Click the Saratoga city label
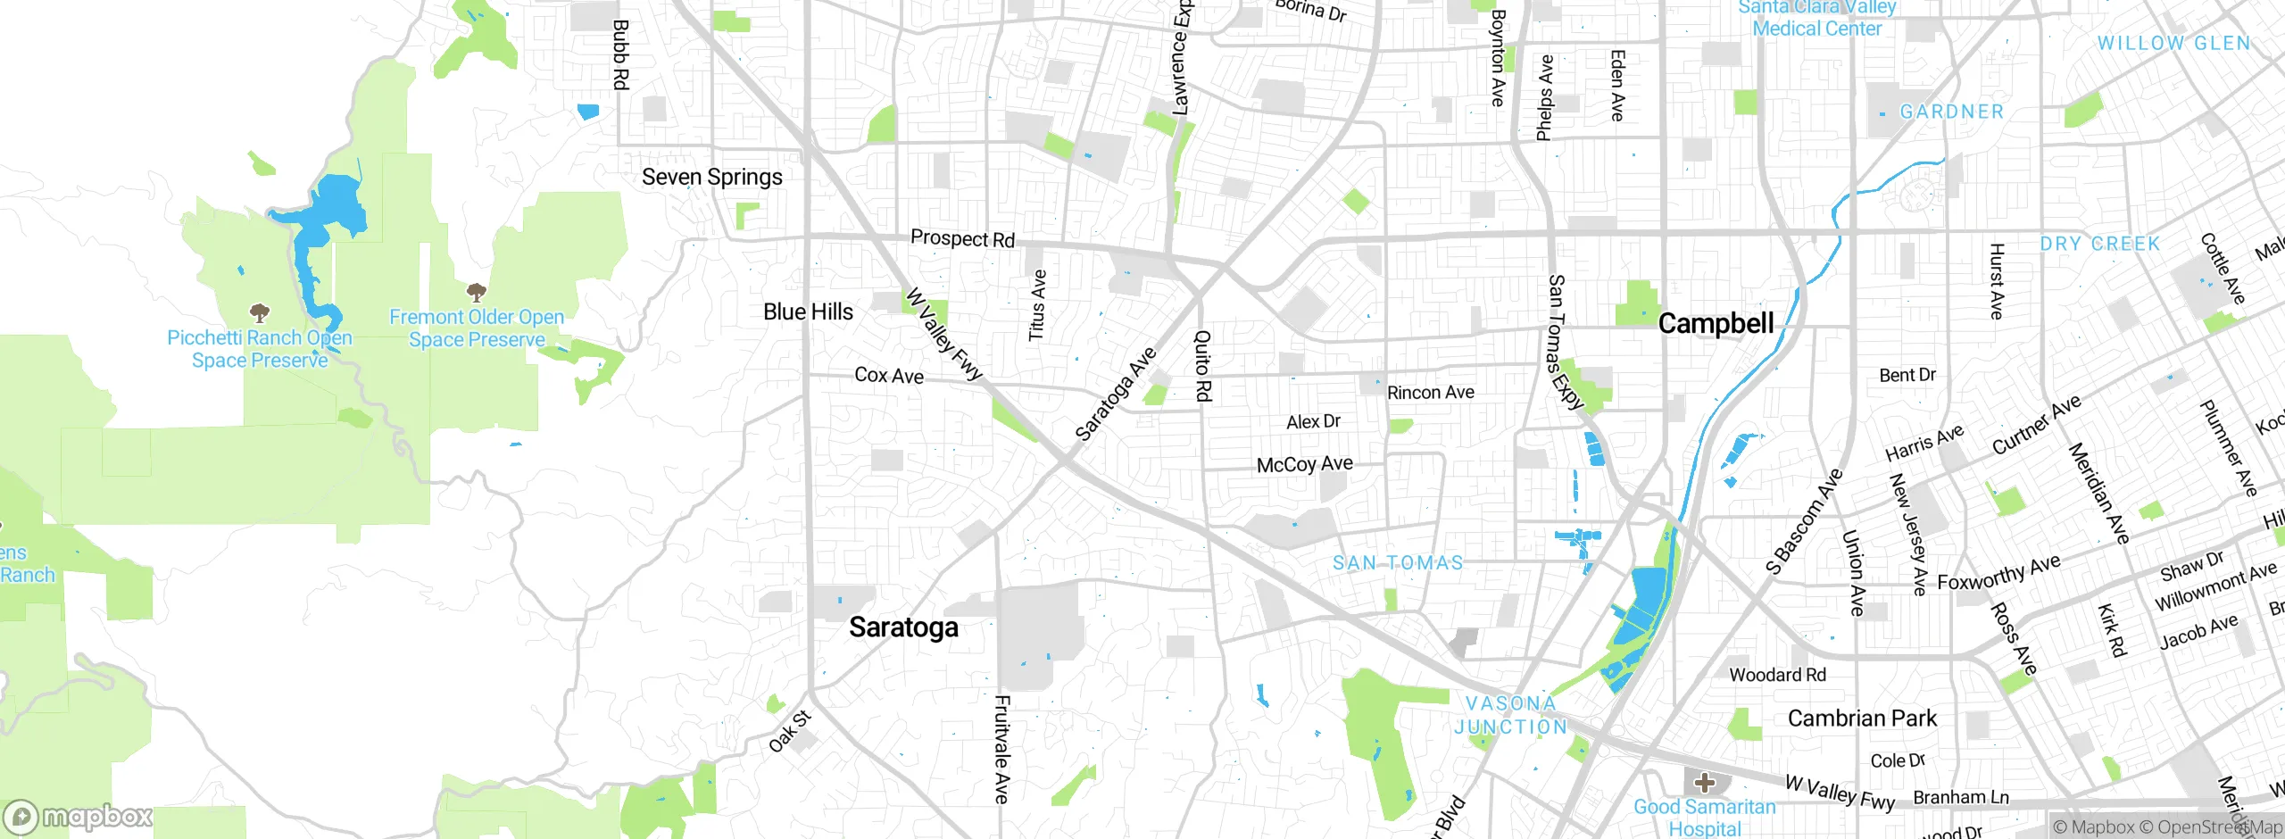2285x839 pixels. point(903,627)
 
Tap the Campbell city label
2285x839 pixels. point(1716,323)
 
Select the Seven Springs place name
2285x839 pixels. point(711,177)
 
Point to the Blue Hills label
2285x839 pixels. point(808,312)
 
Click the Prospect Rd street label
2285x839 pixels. point(962,238)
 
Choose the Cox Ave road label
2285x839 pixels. point(889,376)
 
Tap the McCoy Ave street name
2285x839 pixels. point(1304,464)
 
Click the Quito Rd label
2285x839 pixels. point(1203,365)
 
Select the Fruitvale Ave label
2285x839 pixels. point(1002,749)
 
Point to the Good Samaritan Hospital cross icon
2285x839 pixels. point(1704,783)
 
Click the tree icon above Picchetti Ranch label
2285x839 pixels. point(260,313)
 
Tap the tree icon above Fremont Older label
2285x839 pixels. point(477,292)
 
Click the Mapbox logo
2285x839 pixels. point(79,816)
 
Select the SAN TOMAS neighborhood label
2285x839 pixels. point(1398,563)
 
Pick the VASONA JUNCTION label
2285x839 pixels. point(1511,715)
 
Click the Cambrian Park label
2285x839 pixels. point(1862,719)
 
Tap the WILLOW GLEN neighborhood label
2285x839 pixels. point(2173,43)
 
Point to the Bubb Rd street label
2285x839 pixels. point(620,54)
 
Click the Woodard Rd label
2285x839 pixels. point(1777,675)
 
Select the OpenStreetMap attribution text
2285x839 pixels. point(2219,827)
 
